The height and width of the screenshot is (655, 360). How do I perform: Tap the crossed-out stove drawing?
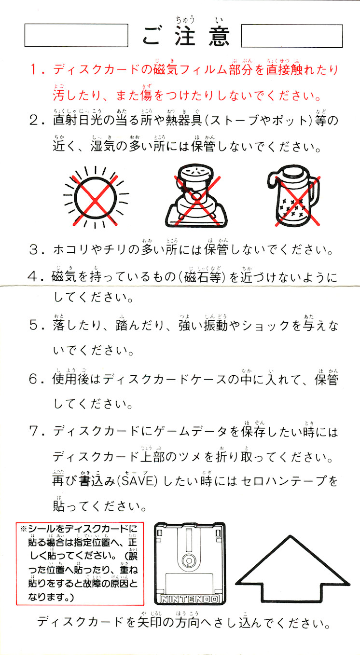coord(196,196)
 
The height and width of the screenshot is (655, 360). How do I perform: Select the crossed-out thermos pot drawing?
coord(294,196)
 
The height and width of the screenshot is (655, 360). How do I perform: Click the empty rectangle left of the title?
coord(76,35)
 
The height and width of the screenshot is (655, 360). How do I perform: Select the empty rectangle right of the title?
coord(292,36)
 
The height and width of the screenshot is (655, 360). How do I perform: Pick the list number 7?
coord(35,432)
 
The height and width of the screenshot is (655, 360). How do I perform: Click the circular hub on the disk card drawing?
coord(188,560)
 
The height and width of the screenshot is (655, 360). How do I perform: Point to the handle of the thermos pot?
coord(314,190)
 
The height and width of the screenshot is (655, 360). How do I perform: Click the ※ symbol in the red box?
coord(23,529)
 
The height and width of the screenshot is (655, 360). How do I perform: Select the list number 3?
coord(35,250)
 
